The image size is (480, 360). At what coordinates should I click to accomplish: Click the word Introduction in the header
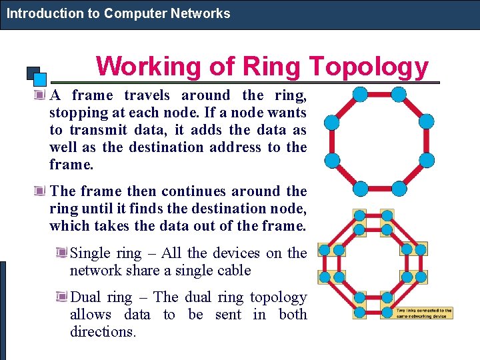(37, 13)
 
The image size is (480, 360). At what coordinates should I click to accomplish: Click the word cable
(233, 271)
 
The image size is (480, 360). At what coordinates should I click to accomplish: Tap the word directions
(103, 331)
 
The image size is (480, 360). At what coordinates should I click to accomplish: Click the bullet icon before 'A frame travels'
(41, 95)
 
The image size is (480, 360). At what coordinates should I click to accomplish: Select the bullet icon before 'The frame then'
(41, 192)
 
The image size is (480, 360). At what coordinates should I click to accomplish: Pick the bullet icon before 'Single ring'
(61, 253)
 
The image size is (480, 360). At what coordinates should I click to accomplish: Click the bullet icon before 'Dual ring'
(61, 297)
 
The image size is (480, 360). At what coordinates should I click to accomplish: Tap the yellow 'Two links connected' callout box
(424, 313)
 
